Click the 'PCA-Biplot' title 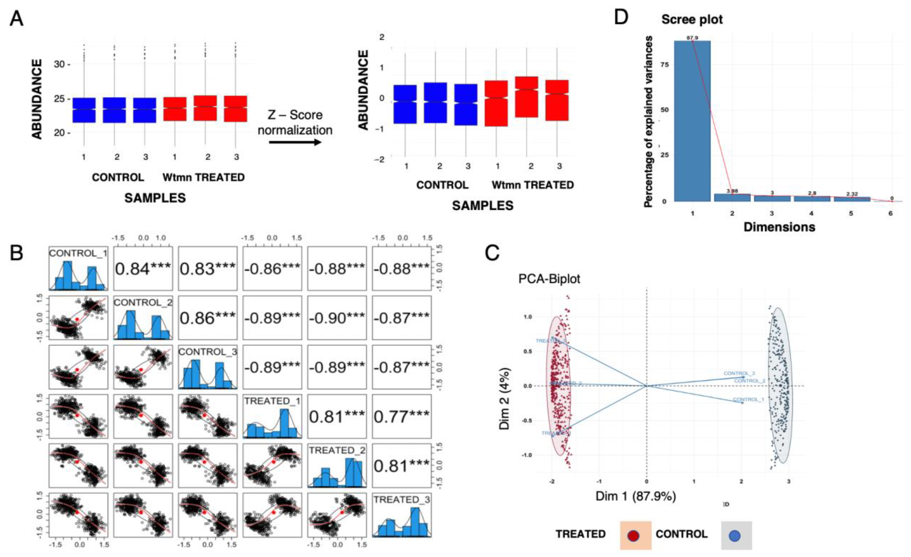point(549,279)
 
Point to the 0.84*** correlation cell point(143,269)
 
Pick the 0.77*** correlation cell point(402,417)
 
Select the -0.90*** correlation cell point(337,318)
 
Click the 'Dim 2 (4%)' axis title point(504,398)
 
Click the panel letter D point(621,17)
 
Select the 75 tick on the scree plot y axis point(664,64)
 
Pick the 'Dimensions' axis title point(779,227)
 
